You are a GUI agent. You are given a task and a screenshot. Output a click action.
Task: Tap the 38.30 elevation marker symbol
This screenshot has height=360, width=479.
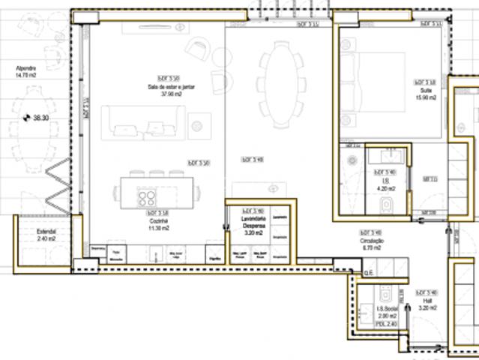click(27, 118)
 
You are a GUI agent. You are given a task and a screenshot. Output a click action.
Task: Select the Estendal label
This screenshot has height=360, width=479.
click(46, 232)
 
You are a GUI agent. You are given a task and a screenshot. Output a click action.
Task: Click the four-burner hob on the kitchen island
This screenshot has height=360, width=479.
click(148, 198)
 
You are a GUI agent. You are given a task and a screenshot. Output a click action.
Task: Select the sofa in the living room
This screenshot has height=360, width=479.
click(143, 122)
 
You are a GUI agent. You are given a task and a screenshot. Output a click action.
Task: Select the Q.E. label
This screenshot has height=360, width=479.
click(367, 272)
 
